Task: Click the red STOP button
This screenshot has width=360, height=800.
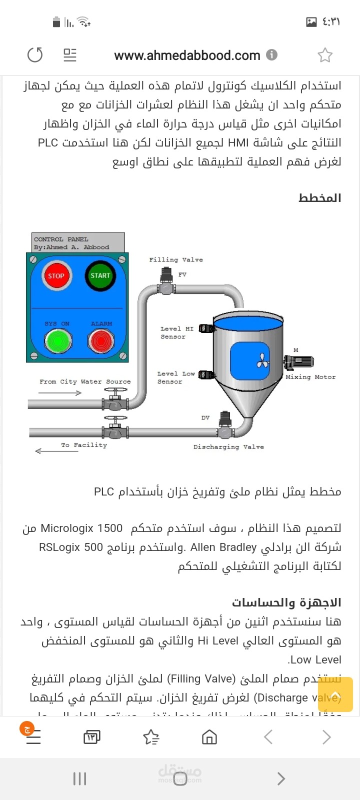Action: [x=56, y=275]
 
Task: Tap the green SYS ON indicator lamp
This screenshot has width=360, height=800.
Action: [x=58, y=341]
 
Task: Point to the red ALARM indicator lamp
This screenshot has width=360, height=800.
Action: [x=101, y=341]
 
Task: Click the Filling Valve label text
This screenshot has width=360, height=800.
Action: [x=176, y=259]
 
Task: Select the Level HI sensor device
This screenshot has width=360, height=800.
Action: [x=206, y=328]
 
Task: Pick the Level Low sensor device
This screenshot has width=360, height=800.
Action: [x=206, y=374]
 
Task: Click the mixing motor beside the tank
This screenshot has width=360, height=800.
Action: [x=298, y=362]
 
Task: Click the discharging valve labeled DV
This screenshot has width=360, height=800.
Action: [x=225, y=426]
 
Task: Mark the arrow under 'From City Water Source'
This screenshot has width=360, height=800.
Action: [x=59, y=393]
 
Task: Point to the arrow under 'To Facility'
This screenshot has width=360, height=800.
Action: [x=56, y=451]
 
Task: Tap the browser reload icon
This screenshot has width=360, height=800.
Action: [x=35, y=54]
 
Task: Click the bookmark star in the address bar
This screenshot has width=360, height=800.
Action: [x=325, y=55]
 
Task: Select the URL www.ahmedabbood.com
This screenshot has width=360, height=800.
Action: [x=187, y=55]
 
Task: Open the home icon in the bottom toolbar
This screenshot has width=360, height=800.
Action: [x=209, y=736]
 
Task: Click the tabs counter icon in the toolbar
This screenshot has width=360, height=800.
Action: [x=92, y=736]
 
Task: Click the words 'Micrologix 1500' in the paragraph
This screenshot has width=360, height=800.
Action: [x=81, y=528]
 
